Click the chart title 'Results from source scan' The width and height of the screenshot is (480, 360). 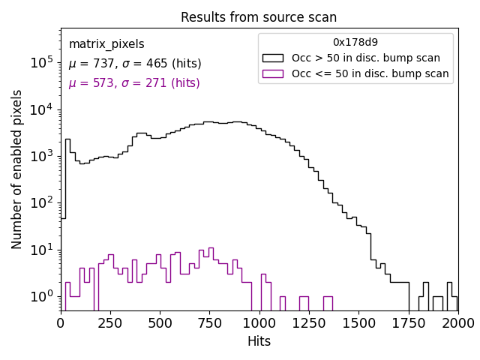click(x=259, y=17)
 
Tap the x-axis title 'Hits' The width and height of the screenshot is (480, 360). click(x=259, y=341)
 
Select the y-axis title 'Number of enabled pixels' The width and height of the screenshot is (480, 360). click(x=17, y=169)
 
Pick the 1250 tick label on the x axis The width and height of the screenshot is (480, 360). click(x=309, y=322)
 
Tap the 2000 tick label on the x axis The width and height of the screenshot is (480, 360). click(x=457, y=322)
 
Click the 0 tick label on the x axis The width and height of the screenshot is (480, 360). click(x=61, y=322)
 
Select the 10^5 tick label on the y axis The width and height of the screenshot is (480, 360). click(x=40, y=63)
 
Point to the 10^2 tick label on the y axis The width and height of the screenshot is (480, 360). click(x=40, y=203)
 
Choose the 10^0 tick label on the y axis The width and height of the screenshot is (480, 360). click(x=40, y=297)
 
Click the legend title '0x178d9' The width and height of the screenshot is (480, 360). click(x=355, y=43)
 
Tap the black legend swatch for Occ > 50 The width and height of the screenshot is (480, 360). click(x=274, y=58)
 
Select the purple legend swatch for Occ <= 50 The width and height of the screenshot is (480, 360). click(x=274, y=73)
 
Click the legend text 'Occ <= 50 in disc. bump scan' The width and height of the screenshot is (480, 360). click(x=370, y=73)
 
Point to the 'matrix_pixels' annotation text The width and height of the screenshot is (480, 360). click(x=106, y=44)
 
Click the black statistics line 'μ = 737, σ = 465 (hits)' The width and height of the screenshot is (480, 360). click(x=135, y=64)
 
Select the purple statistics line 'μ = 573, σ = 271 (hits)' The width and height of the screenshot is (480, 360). click(x=134, y=83)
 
